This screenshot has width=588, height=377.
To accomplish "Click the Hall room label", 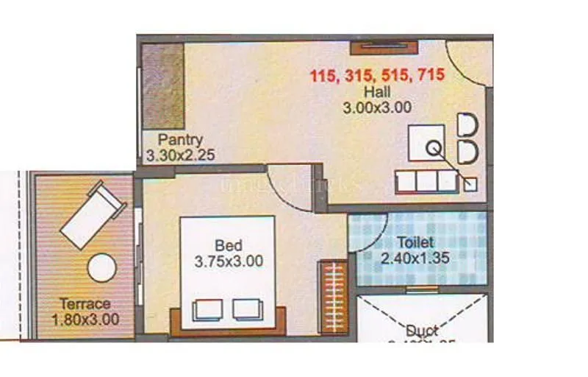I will pyautogui.click(x=377, y=92).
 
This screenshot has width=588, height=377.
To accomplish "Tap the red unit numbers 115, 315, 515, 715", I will pyautogui.click(x=377, y=75).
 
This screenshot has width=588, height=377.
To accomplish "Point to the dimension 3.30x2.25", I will pyautogui.click(x=180, y=155).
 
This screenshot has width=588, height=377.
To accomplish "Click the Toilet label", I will pyautogui.click(x=415, y=242).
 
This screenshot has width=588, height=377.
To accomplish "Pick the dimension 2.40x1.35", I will pyautogui.click(x=415, y=258).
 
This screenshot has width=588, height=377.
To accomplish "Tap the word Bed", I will pyautogui.click(x=229, y=245).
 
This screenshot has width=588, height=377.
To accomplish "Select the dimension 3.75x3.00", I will pyautogui.click(x=229, y=260).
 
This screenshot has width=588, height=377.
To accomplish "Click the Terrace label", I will pyautogui.click(x=85, y=303).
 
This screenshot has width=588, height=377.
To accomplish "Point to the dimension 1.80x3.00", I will pyautogui.click(x=85, y=320).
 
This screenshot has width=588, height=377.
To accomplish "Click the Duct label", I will pyautogui.click(x=422, y=331).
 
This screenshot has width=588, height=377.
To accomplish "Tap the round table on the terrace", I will pyautogui.click(x=102, y=268).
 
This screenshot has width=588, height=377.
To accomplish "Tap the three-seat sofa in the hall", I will pyautogui.click(x=427, y=181).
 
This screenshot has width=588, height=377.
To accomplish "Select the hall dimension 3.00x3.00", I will pyautogui.click(x=377, y=108).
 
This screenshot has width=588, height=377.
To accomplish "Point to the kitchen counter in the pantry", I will pyautogui.click(x=162, y=86).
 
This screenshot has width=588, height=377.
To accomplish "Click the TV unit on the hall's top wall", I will pyautogui.click(x=384, y=48).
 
